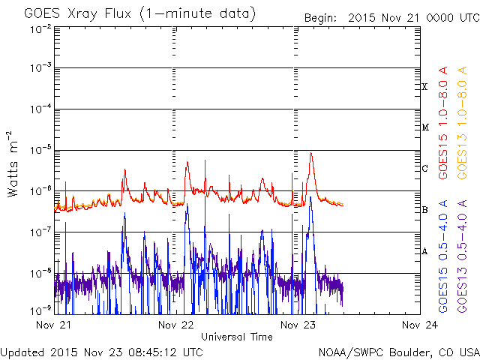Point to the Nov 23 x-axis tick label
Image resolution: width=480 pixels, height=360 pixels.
298,325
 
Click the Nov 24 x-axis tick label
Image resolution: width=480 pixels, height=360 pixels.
419,325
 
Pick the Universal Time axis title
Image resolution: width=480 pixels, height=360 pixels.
236,337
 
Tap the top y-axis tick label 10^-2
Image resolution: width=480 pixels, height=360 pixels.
41,28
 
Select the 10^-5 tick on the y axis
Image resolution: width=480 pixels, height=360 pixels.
41,149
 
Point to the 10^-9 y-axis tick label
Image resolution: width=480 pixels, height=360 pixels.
41,309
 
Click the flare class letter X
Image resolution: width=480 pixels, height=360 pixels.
424,87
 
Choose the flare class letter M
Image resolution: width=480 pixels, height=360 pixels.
424,127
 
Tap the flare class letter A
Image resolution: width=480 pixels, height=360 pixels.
424,251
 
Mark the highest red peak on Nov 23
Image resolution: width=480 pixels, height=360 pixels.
310,153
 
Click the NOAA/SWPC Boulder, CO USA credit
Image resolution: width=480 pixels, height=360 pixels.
397,352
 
